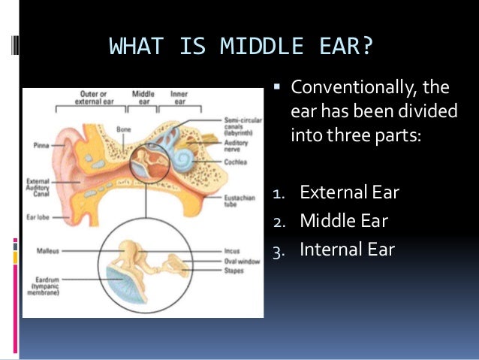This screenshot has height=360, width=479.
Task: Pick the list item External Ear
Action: [349, 192]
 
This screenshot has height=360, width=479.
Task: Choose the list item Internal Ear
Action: [347, 249]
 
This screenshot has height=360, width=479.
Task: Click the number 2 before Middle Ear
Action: [276, 221]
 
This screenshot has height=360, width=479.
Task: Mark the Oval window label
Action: [239, 261]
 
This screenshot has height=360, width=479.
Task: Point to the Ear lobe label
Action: [38, 216]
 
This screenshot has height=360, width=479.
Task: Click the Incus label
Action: [232, 251]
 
